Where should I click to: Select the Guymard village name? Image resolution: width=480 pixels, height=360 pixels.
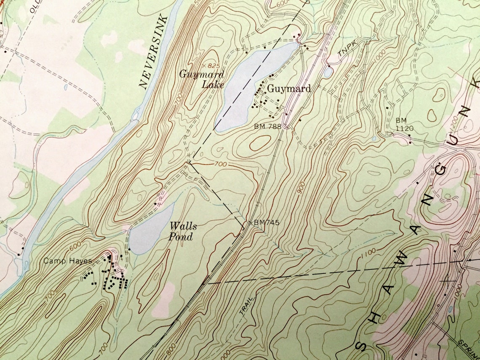coord(289,89)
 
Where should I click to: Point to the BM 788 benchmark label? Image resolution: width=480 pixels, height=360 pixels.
coord(267,126)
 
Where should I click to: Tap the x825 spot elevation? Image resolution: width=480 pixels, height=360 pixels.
coord(211,66)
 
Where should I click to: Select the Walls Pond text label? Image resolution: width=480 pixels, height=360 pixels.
coord(182,232)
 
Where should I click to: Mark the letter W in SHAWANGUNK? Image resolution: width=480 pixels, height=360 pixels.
coord(400,260)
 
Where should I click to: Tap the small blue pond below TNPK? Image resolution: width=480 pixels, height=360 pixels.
coord(328,72)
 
